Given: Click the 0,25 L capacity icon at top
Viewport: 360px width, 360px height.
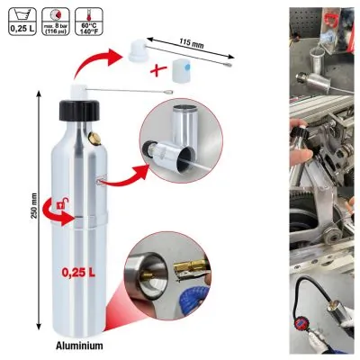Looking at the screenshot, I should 18,19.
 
